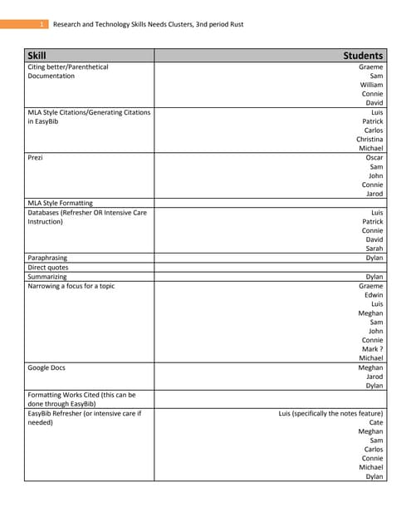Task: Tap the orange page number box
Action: (41, 24)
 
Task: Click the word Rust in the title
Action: (236, 24)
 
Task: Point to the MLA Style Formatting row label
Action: (60, 203)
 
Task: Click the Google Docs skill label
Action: (46, 367)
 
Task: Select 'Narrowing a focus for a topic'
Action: (71, 286)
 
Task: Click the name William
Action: (371, 85)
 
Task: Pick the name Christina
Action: (369, 140)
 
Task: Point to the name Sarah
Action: (374, 249)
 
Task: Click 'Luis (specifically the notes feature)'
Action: (330, 413)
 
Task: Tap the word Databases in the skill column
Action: (46, 213)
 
